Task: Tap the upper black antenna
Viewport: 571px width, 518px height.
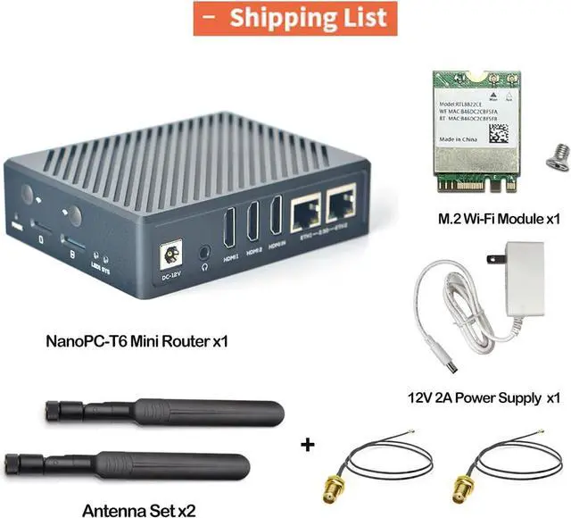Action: (170, 412)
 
